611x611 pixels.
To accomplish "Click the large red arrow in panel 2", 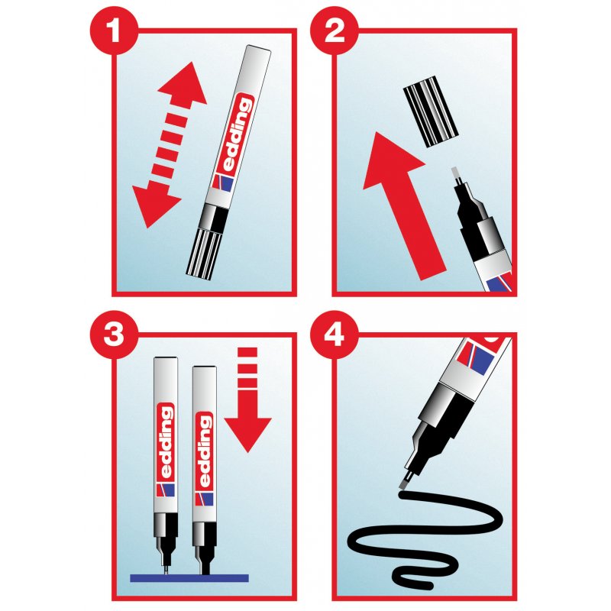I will coord(401,202).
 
